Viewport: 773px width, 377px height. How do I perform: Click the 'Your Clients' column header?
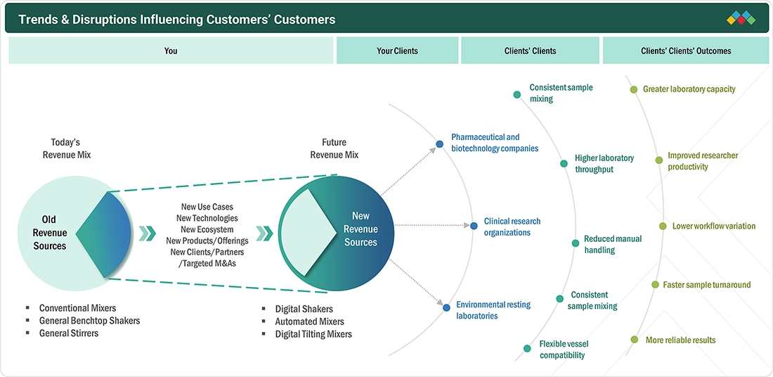(x=397, y=51)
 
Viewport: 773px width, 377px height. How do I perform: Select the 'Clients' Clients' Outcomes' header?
(x=686, y=51)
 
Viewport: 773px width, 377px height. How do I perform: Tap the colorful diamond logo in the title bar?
(x=741, y=18)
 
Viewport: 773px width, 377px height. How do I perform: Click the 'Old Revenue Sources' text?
(x=49, y=232)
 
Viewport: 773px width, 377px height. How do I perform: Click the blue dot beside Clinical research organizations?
(x=474, y=226)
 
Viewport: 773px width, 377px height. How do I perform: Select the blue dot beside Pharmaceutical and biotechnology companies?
(x=439, y=144)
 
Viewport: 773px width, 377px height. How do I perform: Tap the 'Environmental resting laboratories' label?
(x=493, y=310)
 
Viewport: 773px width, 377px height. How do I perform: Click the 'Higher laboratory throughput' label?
(x=604, y=164)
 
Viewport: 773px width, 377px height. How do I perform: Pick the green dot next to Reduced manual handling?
(x=576, y=243)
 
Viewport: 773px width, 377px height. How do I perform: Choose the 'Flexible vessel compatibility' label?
(x=564, y=350)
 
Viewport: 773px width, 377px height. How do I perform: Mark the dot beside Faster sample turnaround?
(x=655, y=284)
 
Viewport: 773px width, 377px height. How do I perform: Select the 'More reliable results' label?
(x=680, y=340)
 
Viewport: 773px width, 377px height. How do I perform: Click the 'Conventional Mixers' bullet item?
(x=78, y=308)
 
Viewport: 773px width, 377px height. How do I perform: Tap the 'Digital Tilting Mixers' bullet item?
(x=313, y=334)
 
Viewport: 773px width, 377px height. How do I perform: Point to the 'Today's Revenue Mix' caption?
(x=67, y=148)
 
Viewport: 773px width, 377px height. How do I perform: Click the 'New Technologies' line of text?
(x=207, y=218)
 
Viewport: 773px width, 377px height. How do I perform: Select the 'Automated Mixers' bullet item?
(x=310, y=321)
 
